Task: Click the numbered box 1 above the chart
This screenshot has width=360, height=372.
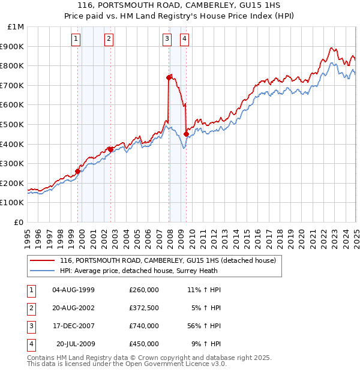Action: (77, 40)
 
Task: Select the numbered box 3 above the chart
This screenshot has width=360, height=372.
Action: (166, 40)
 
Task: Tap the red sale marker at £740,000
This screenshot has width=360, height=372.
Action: (169, 77)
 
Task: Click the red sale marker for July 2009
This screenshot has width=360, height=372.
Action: (186, 134)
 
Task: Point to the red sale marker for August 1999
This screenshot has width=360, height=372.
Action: (77, 171)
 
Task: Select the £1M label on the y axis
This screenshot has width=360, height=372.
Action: (16, 27)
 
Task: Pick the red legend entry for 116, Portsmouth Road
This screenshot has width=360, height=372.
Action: (167, 260)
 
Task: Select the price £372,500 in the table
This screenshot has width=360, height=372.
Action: (143, 308)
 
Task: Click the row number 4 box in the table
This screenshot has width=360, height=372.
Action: (31, 344)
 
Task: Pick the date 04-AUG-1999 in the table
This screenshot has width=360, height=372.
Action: (73, 290)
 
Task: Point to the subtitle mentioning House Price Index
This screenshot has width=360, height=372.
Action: (180, 16)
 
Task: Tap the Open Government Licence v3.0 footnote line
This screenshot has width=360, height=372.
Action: (127, 364)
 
